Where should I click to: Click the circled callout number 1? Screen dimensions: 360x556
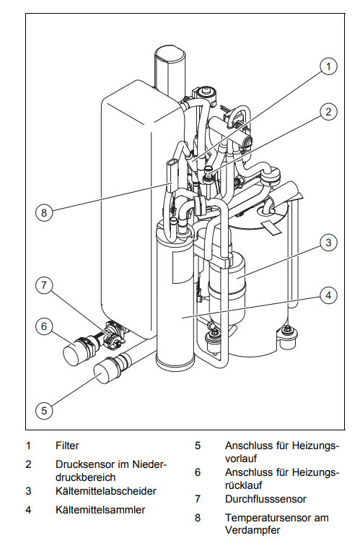tap(328, 66)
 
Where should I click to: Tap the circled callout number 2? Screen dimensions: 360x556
tap(328, 112)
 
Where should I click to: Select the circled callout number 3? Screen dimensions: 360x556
tap(328, 243)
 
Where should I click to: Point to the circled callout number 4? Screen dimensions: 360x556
tap(328, 295)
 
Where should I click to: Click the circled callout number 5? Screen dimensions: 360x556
tap(44, 411)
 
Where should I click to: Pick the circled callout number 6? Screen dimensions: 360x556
tap(44, 326)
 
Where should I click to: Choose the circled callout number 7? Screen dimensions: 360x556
tap(44, 285)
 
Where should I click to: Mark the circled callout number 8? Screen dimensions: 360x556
tap(44, 213)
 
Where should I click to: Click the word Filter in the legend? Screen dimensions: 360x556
tap(67, 446)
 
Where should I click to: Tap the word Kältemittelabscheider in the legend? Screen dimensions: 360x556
tap(105, 491)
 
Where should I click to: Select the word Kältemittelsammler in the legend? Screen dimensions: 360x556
tap(100, 510)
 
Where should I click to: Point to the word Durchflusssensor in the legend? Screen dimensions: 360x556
tap(265, 499)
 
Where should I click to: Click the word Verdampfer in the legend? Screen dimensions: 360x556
tap(253, 531)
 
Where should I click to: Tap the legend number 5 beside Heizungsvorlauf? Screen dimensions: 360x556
tap(198, 446)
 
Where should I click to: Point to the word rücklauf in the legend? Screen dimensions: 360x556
tap(243, 485)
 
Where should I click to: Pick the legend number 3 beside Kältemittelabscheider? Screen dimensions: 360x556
tap(28, 491)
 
